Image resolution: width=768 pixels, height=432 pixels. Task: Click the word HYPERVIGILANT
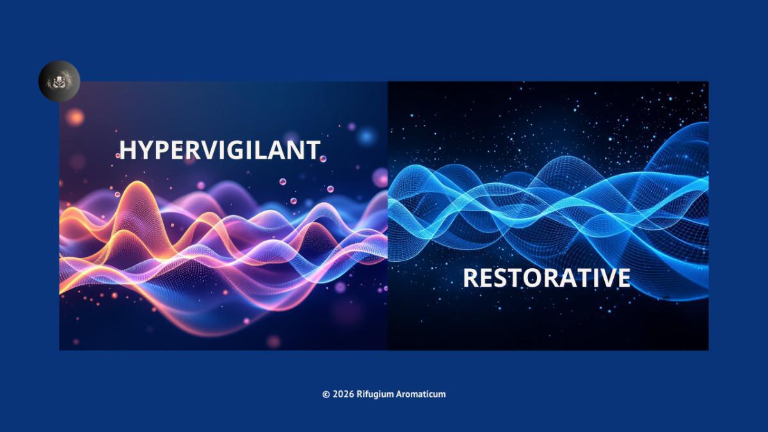(x=220, y=150)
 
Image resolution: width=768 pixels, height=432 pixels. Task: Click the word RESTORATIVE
(x=547, y=278)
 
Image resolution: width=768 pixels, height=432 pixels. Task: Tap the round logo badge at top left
(x=59, y=81)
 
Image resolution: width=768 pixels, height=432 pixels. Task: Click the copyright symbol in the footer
(x=326, y=394)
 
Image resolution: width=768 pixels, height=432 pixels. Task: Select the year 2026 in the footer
(x=343, y=394)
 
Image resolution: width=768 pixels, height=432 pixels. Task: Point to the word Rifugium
(x=375, y=394)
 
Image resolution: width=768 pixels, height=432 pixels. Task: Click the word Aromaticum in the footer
(x=421, y=394)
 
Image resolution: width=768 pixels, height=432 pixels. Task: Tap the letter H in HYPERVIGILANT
(x=127, y=150)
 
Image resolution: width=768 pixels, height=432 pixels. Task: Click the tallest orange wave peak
(x=137, y=185)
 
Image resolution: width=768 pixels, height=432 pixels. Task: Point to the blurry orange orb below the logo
(x=74, y=117)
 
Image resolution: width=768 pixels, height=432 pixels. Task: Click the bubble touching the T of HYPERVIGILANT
(x=323, y=159)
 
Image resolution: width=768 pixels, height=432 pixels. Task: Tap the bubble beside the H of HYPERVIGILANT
(x=118, y=156)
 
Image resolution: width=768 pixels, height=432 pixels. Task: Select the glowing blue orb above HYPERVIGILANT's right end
(x=366, y=136)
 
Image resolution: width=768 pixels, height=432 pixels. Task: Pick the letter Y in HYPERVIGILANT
(x=145, y=150)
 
